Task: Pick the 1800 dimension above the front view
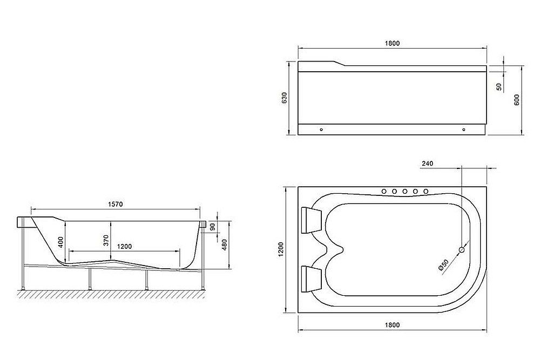click(393, 44)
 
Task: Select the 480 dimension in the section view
click(222, 244)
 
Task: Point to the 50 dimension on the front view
click(498, 86)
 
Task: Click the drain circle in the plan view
click(462, 249)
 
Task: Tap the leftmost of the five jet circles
click(384, 191)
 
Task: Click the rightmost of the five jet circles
click(426, 191)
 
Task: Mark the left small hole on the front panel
click(321, 130)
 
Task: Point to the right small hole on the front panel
click(463, 130)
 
